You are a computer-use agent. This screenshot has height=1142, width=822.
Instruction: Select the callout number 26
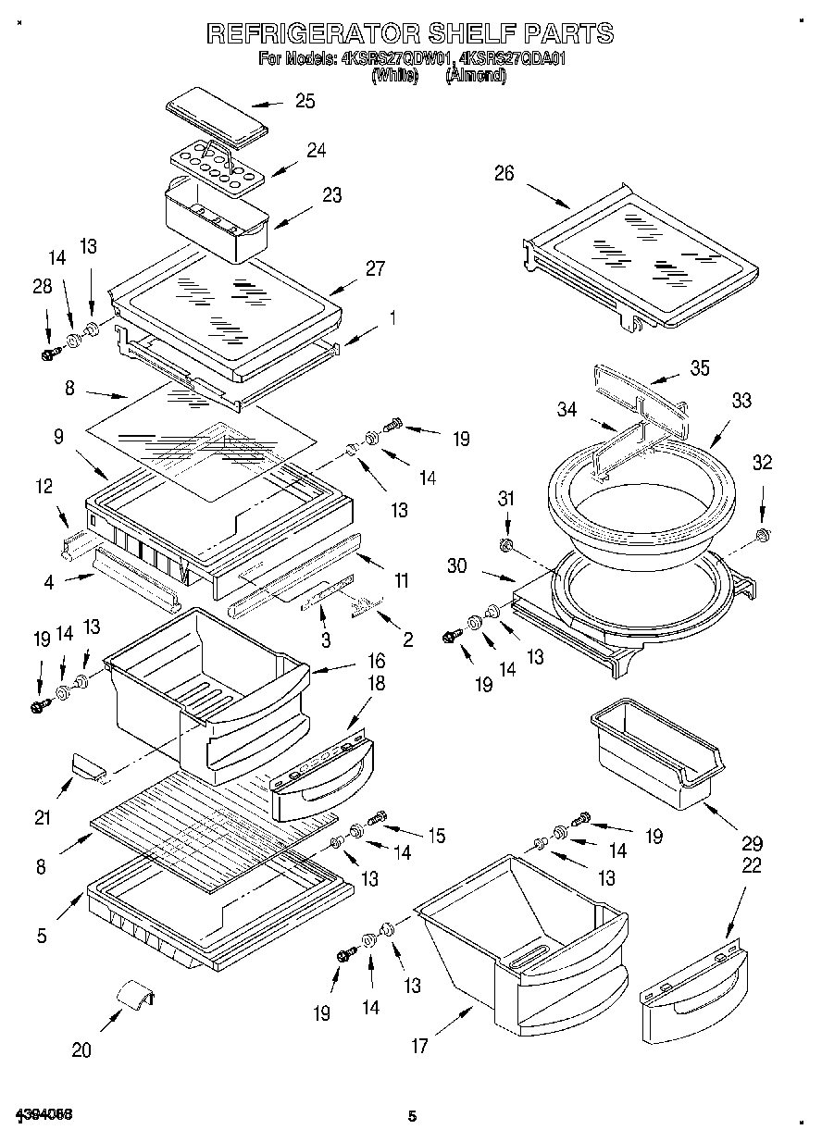(504, 173)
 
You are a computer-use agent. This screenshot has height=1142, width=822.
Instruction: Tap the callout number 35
(699, 367)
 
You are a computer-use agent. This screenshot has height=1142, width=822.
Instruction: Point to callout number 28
(43, 287)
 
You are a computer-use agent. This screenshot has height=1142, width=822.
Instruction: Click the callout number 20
(81, 1049)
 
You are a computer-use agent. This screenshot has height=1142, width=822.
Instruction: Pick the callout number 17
(419, 1047)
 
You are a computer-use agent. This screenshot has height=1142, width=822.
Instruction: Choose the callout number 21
(44, 817)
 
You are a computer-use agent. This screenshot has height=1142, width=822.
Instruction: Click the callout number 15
(436, 836)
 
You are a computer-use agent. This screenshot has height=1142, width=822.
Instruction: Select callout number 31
(504, 499)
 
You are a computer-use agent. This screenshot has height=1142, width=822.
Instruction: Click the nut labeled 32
(762, 536)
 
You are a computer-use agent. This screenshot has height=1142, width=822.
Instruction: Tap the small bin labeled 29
(654, 749)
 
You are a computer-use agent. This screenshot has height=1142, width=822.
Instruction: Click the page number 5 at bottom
(412, 1116)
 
